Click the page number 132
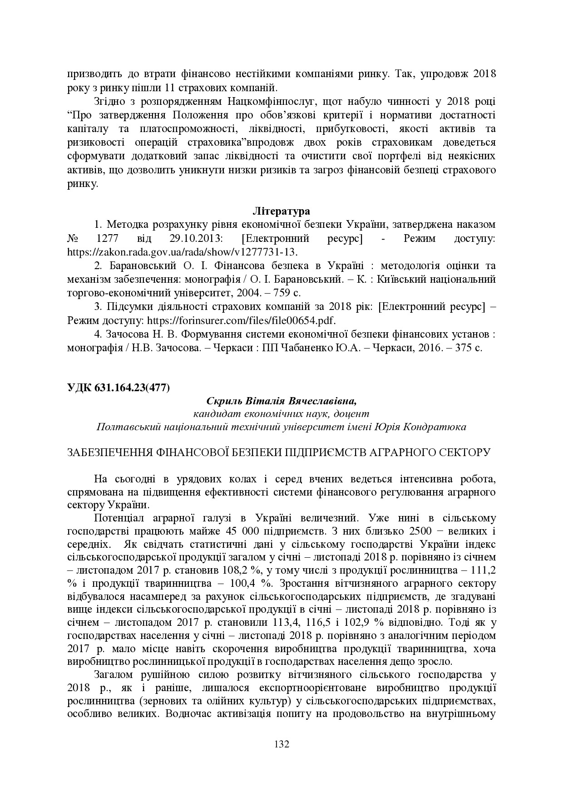281,744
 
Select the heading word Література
281,211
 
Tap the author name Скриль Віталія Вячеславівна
281,401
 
